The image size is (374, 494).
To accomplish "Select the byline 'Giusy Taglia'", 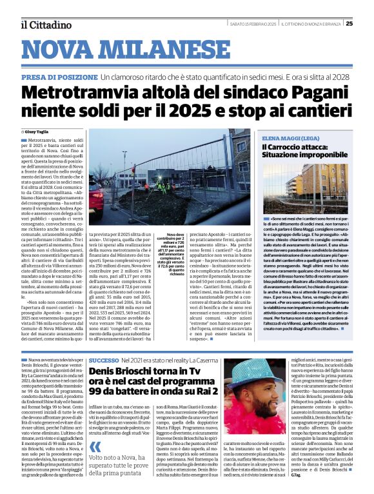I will coord(37,131).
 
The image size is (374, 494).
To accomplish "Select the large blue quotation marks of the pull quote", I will coord(95,448).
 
